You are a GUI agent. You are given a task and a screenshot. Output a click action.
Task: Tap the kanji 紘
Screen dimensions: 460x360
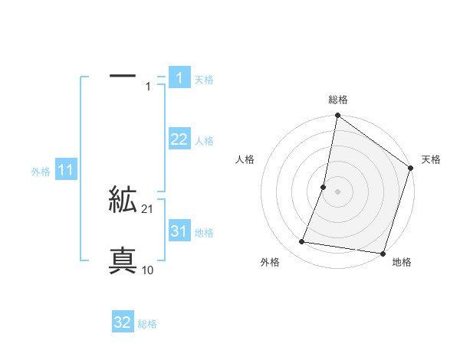(123, 201)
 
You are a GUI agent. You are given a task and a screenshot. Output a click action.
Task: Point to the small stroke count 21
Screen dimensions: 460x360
(148, 209)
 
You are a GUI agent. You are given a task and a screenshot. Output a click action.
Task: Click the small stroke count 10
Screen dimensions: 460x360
(148, 270)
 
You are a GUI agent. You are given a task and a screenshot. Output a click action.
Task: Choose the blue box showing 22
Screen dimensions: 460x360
(179, 139)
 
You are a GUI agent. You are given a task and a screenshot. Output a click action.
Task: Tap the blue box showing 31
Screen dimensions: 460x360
(179, 231)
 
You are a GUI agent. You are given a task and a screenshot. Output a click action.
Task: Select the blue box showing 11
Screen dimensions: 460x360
(66, 171)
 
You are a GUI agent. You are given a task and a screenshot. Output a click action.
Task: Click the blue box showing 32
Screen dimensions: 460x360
(123, 322)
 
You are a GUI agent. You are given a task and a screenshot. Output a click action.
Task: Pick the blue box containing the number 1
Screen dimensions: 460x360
(179, 77)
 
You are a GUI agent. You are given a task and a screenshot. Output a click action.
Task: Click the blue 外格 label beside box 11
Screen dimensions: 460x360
(41, 172)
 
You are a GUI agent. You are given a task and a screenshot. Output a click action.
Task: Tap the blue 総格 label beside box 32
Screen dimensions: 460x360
(147, 324)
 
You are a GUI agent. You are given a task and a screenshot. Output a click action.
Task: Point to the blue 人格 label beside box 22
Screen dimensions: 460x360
(204, 141)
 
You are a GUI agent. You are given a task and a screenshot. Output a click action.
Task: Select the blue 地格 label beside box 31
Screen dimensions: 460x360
(204, 233)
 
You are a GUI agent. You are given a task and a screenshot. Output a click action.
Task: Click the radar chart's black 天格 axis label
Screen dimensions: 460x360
(431, 159)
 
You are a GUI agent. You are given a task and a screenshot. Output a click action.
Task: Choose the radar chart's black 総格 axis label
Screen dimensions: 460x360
(338, 100)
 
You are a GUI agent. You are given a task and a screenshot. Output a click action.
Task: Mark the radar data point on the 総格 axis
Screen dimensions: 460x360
(337, 116)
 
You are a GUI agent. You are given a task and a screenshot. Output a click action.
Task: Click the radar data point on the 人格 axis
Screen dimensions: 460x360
(324, 186)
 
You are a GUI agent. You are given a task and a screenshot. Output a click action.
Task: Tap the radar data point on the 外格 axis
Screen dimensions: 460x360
(303, 242)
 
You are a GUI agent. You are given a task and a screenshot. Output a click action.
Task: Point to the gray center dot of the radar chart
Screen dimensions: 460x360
(337, 191)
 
